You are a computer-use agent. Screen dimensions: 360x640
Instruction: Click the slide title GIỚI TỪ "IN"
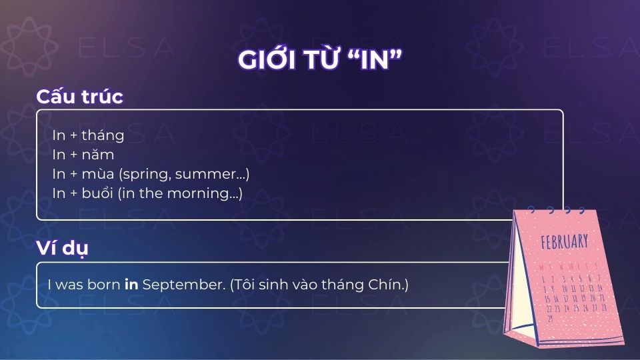tap(320, 60)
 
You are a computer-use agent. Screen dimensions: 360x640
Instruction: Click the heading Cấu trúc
tap(79, 96)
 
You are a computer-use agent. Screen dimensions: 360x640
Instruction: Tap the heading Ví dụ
tap(62, 248)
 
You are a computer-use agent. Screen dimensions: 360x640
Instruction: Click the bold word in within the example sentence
tap(131, 285)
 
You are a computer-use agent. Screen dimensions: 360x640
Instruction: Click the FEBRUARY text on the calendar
tap(565, 241)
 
